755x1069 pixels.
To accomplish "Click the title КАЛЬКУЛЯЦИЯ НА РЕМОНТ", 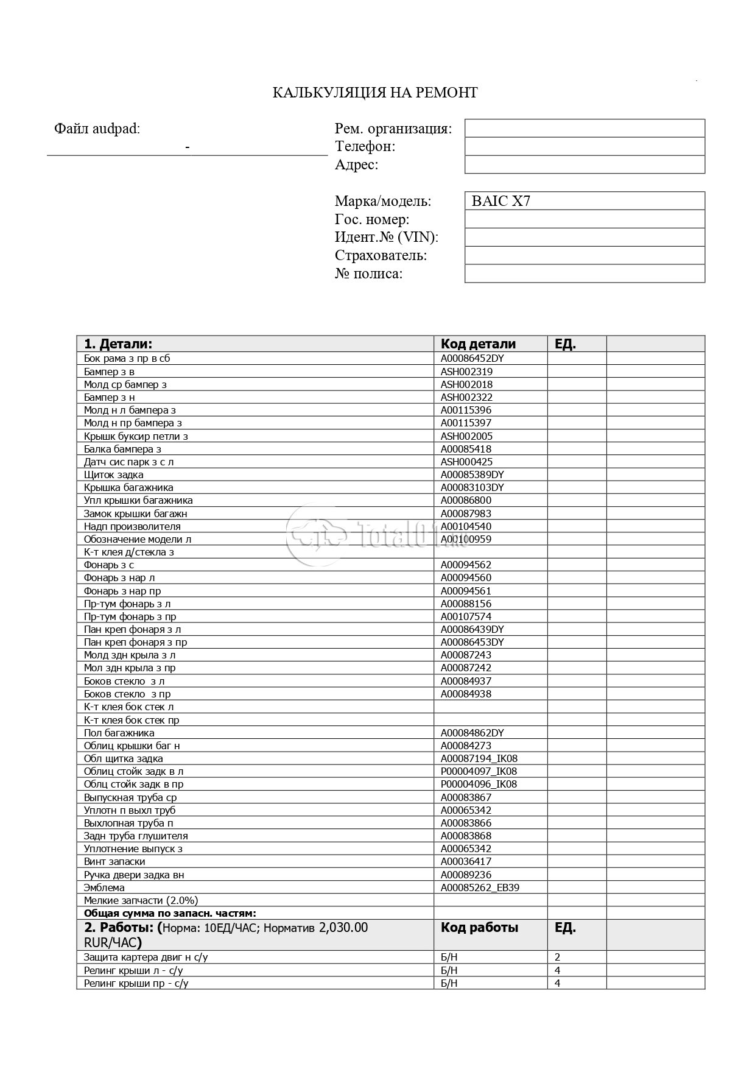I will (374, 93).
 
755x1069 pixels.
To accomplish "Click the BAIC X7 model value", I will (500, 201).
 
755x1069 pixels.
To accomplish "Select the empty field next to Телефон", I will (585, 146).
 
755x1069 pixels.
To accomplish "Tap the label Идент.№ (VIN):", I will (386, 237).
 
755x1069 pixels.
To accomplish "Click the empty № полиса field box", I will (585, 273).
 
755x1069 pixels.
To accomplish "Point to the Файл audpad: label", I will (97, 129).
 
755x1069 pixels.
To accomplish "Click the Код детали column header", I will (478, 344).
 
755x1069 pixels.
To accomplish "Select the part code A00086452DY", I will (472, 358).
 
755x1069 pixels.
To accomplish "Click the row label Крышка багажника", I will (128, 487).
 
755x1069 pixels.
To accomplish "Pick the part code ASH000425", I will (466, 462).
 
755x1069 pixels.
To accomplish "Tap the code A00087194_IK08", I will (479, 758).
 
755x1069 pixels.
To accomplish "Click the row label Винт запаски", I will (114, 861).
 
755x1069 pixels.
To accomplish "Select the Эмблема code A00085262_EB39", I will (480, 887).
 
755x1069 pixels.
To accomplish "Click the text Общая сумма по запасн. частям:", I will (170, 913).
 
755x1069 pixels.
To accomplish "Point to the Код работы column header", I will (479, 928).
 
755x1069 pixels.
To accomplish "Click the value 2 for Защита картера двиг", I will (558, 957).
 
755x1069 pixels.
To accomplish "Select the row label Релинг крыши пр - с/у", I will (136, 983).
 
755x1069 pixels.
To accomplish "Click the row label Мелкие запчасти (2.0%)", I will (141, 900).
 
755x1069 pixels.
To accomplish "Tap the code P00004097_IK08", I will (479, 771).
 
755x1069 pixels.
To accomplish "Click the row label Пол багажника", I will (119, 733).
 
